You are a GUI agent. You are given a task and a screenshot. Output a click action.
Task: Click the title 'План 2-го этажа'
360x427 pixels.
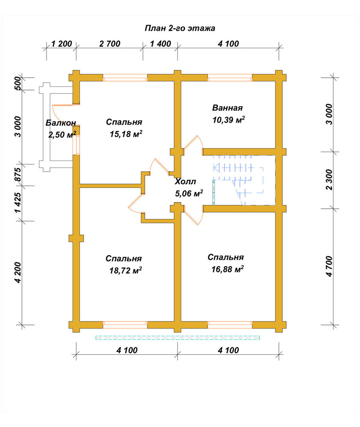[x=180, y=28]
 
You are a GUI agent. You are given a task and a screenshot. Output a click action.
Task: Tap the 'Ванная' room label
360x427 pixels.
[x=227, y=108]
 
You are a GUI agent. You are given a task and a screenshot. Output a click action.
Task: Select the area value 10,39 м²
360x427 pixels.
[x=228, y=120]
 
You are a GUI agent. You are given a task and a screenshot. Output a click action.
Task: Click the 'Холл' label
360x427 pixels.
[x=185, y=181]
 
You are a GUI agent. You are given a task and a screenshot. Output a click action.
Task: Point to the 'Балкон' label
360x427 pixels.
[x=61, y=123]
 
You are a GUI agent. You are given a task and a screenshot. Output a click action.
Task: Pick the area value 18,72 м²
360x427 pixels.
[x=126, y=270]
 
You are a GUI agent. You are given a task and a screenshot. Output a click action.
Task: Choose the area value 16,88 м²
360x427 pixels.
[x=227, y=269]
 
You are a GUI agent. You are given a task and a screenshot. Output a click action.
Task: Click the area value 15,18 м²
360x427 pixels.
[x=126, y=134]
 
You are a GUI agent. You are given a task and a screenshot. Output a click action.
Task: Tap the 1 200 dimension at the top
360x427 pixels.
[x=61, y=44]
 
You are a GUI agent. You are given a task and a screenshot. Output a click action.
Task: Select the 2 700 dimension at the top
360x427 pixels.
[x=110, y=44]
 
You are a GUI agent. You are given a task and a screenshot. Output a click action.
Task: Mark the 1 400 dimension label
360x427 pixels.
[x=161, y=44]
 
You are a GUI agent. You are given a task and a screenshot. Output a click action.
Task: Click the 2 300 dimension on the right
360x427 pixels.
[x=329, y=180]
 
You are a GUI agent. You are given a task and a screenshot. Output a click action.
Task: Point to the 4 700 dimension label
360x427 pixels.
[x=329, y=266]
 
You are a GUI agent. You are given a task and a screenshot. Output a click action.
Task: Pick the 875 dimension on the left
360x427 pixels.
[x=17, y=175]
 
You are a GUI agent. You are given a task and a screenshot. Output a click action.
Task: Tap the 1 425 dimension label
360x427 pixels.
[x=17, y=203]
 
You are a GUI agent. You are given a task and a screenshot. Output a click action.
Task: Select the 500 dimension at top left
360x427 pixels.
[x=17, y=84]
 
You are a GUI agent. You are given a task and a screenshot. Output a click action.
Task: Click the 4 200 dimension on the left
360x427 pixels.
[x=18, y=272]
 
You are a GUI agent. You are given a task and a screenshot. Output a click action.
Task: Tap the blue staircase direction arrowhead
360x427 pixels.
[x=217, y=167]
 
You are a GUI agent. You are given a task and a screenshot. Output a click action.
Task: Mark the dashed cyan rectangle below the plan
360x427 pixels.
[x=178, y=338]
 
